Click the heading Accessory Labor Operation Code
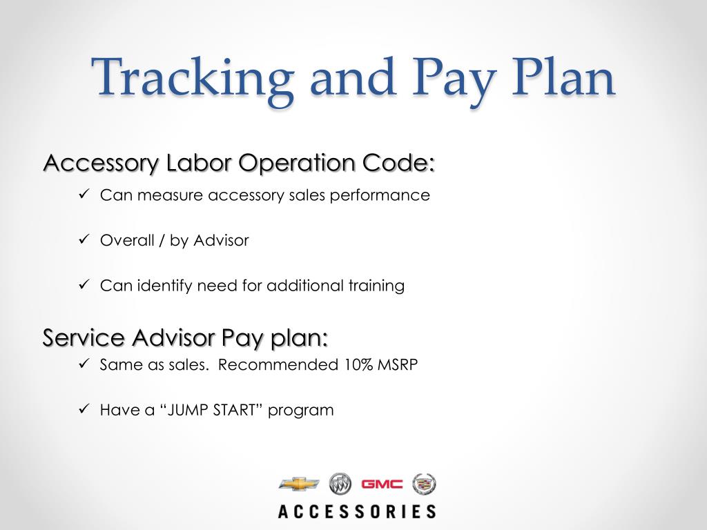(x=239, y=164)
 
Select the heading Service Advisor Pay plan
(x=185, y=338)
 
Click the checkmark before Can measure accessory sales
(x=84, y=195)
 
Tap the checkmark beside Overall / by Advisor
(x=84, y=240)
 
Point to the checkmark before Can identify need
(x=84, y=285)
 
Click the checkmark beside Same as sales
(x=84, y=364)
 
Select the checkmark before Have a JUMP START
(x=84, y=410)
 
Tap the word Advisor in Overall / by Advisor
(x=221, y=241)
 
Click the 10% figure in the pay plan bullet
(x=358, y=365)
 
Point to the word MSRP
(x=398, y=365)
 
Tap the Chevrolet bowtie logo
(x=299, y=484)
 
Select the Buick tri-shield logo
(x=340, y=484)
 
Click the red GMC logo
(x=382, y=484)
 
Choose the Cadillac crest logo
(x=424, y=484)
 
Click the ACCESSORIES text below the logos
(x=357, y=511)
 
